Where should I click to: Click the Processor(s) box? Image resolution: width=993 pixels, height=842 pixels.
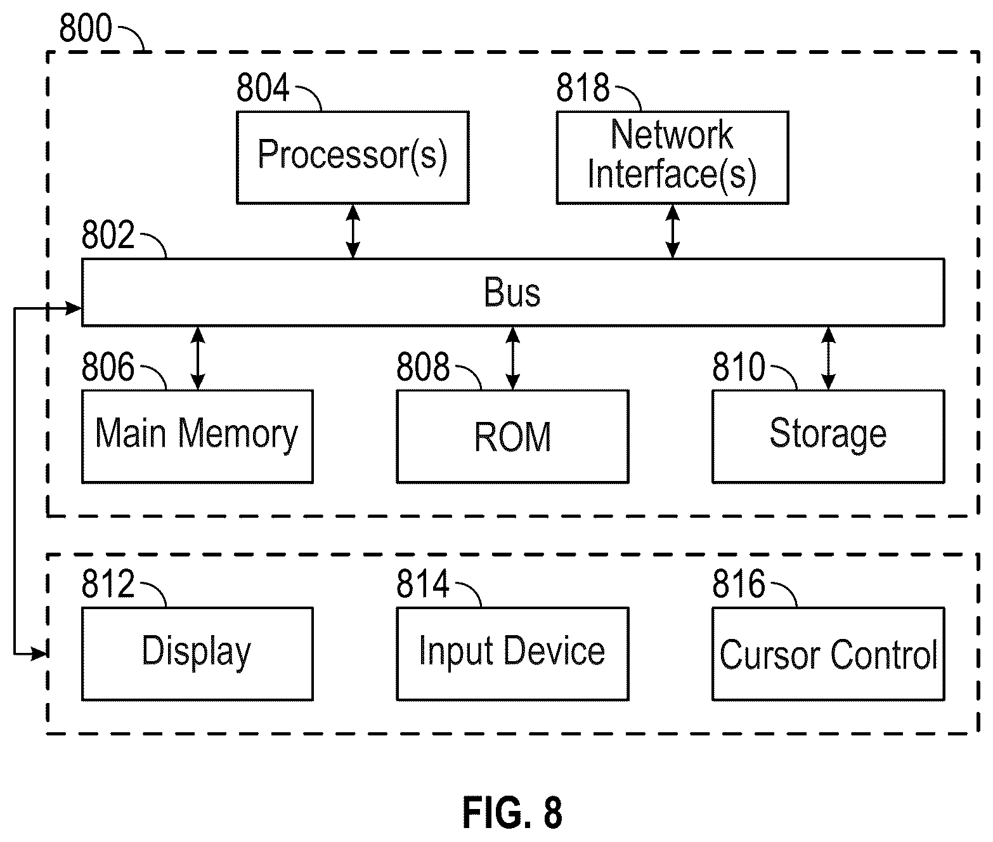[353, 158]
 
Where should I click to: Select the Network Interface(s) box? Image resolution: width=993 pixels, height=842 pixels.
[672, 158]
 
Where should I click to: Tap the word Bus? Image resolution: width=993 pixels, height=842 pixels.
[512, 293]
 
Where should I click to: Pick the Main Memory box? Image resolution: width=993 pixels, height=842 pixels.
[197, 437]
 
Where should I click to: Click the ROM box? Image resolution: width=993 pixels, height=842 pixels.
[512, 437]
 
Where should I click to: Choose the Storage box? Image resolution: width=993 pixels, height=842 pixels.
[828, 437]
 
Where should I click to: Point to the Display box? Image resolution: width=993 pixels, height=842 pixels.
[197, 654]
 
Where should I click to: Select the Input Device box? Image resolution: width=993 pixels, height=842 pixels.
[512, 654]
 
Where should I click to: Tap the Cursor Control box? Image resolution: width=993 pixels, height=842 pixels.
[828, 654]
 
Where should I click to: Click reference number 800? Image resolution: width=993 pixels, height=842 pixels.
[86, 28]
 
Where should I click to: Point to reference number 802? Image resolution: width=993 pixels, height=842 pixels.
[108, 235]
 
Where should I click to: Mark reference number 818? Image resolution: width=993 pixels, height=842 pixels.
[583, 88]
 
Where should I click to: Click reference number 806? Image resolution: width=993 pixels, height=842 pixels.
[108, 366]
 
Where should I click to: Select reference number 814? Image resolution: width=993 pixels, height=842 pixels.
[423, 584]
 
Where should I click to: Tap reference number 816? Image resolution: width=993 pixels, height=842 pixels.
[738, 584]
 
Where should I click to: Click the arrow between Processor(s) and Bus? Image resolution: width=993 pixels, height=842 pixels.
[353, 232]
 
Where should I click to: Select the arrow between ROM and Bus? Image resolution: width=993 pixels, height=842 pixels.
[512, 359]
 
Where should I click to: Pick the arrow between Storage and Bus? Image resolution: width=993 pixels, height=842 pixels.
[828, 359]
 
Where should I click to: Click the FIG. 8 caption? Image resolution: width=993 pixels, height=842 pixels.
[512, 812]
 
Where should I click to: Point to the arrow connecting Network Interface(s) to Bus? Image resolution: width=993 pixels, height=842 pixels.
[673, 232]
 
